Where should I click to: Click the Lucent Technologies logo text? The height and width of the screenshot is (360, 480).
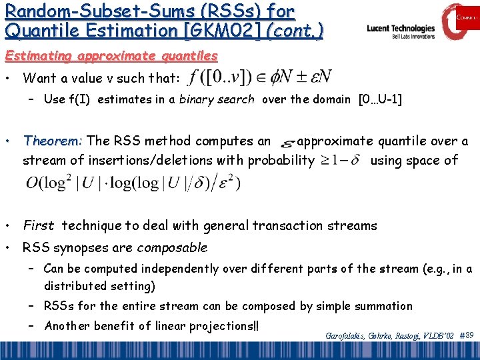pos(401,29)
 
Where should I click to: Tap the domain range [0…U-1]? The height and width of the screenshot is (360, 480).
pos(380,100)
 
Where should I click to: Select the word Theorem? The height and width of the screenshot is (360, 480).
pos(53,141)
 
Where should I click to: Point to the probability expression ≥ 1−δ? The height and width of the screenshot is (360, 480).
pos(341,161)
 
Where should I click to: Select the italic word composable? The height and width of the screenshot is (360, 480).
pos(172,248)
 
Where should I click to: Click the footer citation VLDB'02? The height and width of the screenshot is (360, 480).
pos(437,335)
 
